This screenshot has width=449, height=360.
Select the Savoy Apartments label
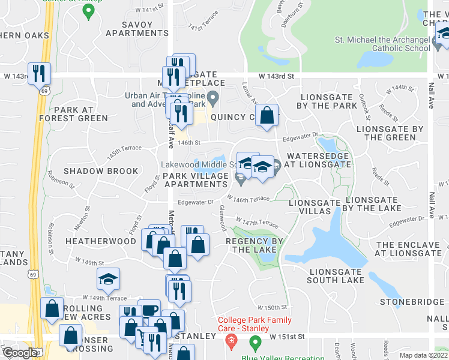point(136,29)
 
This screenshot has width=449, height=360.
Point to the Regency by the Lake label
point(254,245)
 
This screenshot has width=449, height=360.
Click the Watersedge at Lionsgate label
point(318,160)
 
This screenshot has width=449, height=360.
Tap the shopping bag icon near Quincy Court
point(267,115)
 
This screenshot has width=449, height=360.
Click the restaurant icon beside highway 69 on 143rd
point(39,74)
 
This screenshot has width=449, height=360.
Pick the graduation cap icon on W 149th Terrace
point(108,279)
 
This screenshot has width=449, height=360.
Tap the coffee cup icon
point(150,310)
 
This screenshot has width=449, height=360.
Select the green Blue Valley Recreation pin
point(255,343)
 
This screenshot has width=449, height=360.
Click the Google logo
point(20,353)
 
